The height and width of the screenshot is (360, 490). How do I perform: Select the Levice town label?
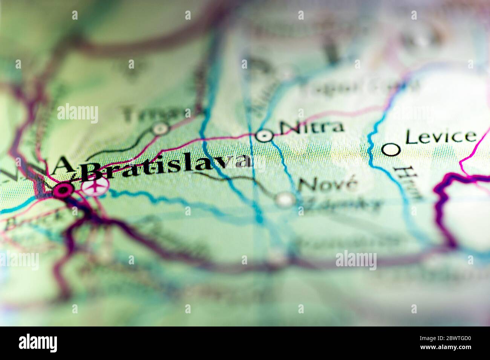point(440,137)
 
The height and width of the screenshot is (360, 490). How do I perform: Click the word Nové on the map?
point(327,185)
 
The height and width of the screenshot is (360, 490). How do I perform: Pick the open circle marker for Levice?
point(391,149)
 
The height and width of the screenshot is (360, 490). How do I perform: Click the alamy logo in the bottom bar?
point(38,343)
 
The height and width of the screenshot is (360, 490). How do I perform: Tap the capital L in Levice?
point(410,138)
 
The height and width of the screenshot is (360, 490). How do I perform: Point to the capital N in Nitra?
point(288,128)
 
